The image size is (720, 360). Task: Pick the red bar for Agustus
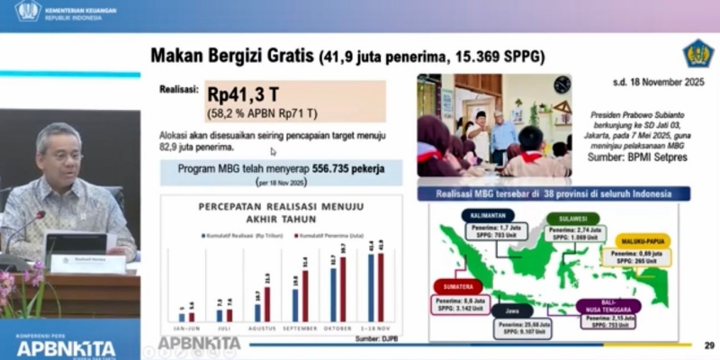pos(267,300)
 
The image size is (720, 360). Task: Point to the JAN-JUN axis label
pos(186,328)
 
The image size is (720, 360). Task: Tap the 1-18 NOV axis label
pos(374,328)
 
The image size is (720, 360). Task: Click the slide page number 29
pos(708,345)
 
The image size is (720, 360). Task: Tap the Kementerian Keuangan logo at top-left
pos(27,11)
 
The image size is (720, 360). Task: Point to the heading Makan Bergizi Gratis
pos(230,57)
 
